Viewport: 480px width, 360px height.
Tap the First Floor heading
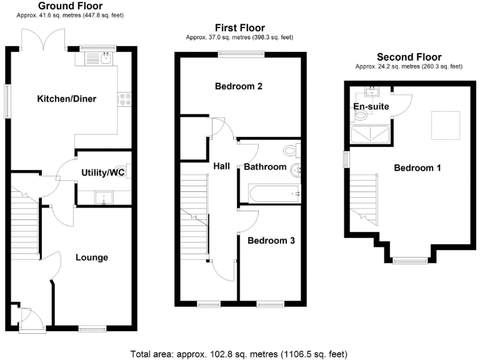point(239,27)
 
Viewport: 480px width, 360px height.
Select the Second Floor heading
point(409,57)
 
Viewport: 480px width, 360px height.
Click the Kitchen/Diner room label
point(66,99)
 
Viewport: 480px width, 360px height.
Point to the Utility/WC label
point(104,173)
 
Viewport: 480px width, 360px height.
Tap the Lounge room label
point(92,257)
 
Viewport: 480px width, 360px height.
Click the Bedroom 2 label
point(238,86)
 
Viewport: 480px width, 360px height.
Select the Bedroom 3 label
point(271,240)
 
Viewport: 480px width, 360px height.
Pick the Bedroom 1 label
point(417,167)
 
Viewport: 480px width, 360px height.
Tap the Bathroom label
point(265,167)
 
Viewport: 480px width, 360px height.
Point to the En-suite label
point(371,107)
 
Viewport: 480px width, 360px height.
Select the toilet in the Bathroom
point(291,151)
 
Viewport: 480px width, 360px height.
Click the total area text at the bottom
point(240,353)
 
